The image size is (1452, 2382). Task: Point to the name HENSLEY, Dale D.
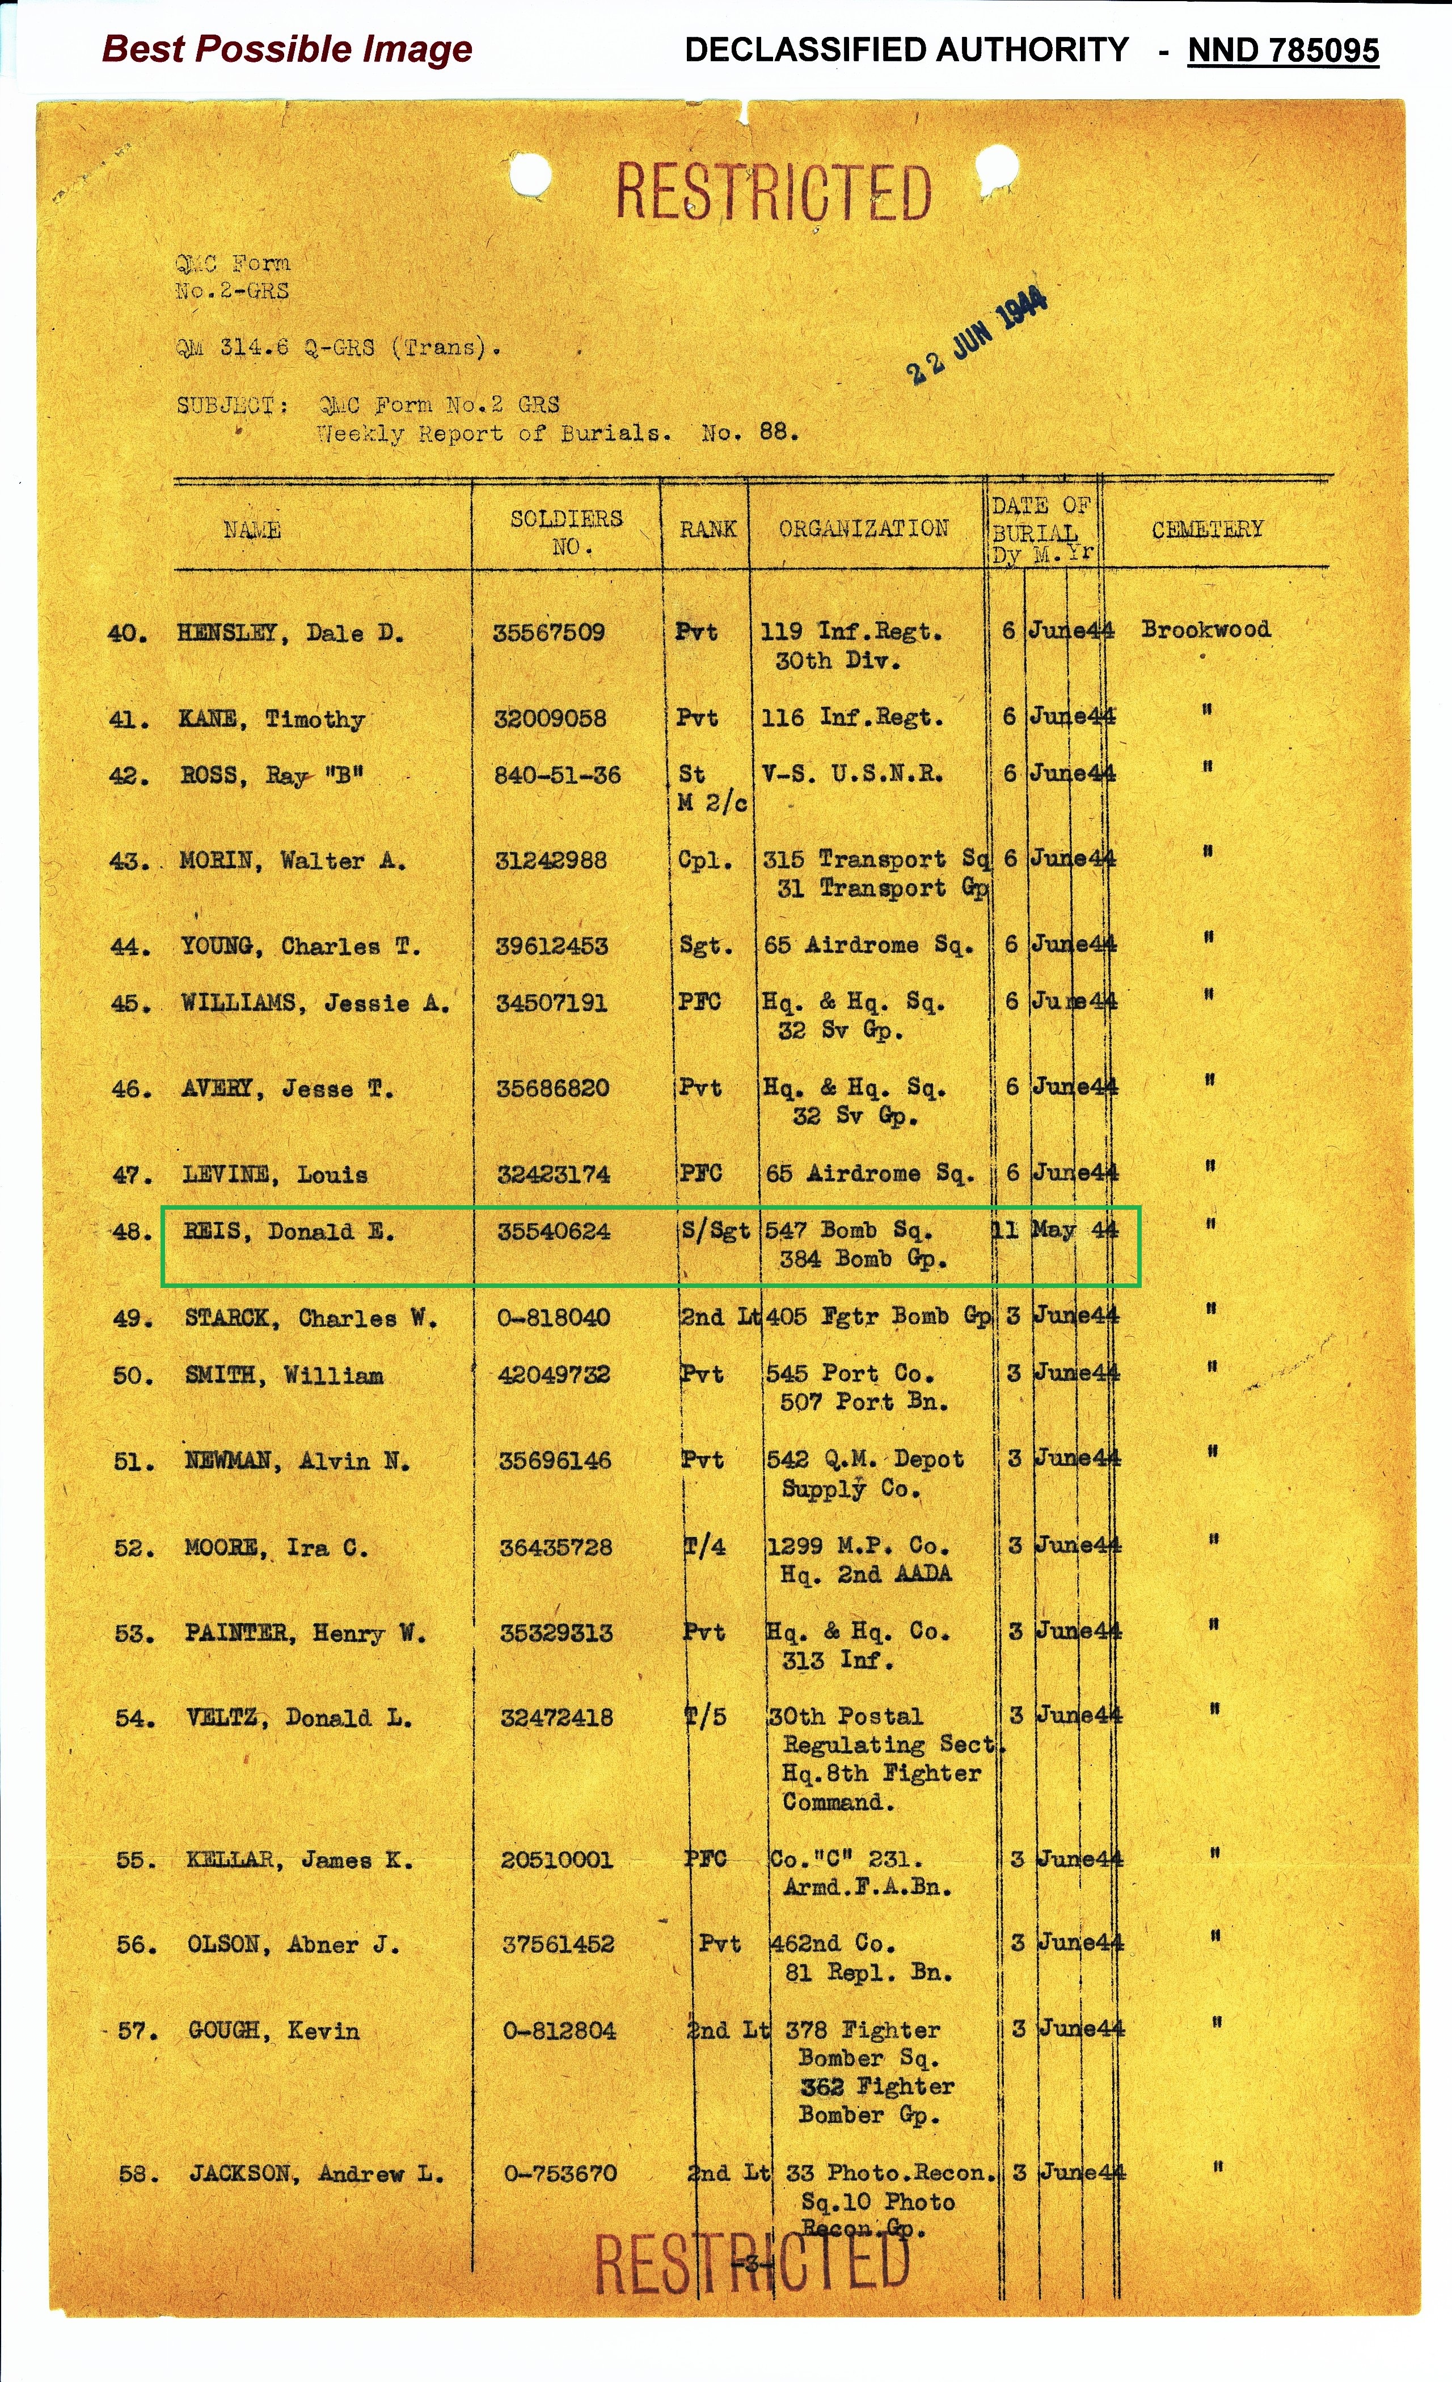click(290, 633)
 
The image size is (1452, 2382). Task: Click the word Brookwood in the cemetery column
click(1205, 630)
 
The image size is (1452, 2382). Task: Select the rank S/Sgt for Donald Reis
click(715, 1231)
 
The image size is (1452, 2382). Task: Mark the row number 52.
click(133, 1548)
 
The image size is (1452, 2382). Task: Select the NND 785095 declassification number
click(1283, 50)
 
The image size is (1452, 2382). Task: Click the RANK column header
click(708, 529)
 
